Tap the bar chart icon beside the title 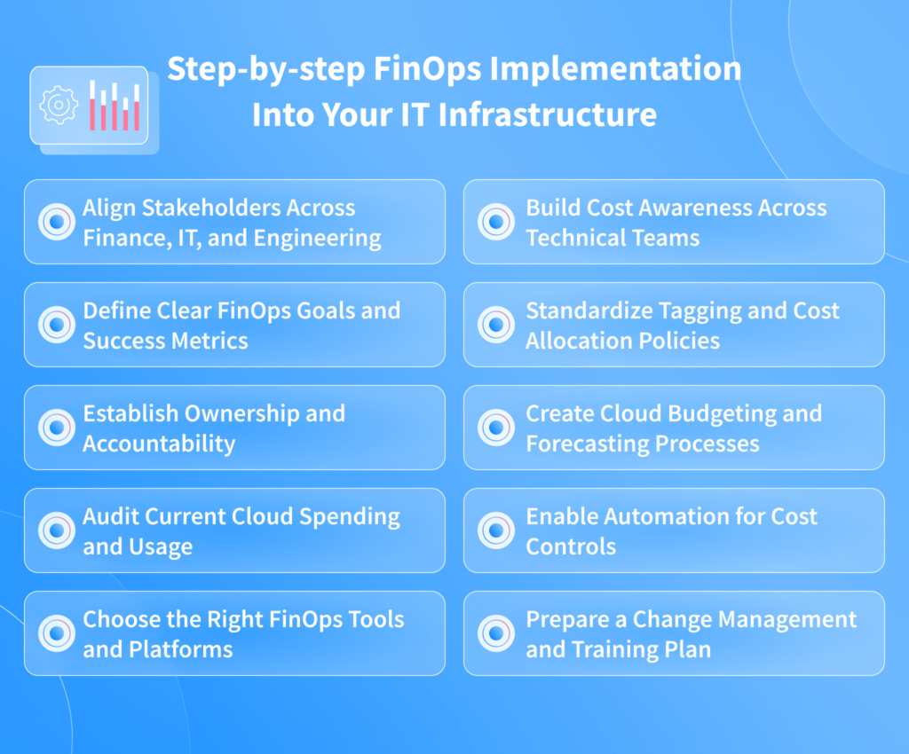(114, 106)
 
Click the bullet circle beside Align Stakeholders (57, 222)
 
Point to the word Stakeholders (210, 208)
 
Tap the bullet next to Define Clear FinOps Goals (57, 325)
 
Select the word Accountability (159, 444)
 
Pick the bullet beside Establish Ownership (57, 428)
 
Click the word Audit (111, 516)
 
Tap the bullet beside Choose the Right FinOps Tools (57, 633)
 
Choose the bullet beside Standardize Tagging (496, 325)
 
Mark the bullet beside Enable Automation (496, 530)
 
